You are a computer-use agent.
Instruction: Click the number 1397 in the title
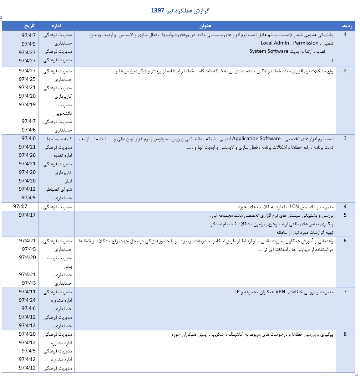(157, 11)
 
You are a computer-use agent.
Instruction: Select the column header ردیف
(348, 26)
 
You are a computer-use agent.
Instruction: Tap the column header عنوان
(206, 26)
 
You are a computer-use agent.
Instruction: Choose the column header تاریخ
(30, 26)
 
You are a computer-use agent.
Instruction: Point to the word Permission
(306, 43)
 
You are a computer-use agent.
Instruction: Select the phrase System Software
(269, 51)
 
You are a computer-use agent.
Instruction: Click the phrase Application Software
(253, 138)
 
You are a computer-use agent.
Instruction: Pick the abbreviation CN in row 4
(295, 207)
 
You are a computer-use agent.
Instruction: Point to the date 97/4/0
(29, 138)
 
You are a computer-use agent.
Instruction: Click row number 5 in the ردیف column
(345, 215)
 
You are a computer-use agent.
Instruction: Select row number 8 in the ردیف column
(345, 334)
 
